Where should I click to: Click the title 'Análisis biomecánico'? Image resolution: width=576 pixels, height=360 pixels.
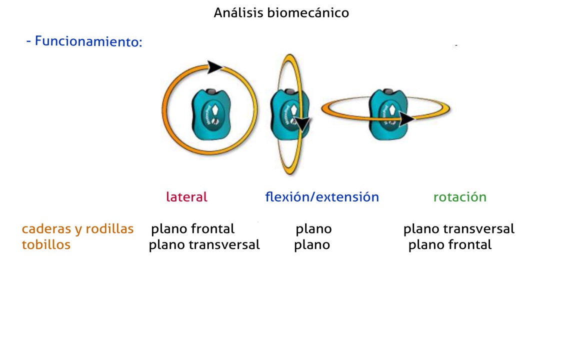tap(281, 13)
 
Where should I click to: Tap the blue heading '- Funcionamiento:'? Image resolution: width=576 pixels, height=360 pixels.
tap(84, 41)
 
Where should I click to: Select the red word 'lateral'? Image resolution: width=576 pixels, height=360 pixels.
tap(186, 197)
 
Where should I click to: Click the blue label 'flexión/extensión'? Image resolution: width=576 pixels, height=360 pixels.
tap(322, 197)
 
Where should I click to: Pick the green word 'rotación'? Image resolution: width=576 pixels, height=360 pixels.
tap(460, 197)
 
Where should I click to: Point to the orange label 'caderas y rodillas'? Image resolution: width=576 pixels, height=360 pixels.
tap(78, 229)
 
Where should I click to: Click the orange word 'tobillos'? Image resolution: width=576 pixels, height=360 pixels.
tap(46, 244)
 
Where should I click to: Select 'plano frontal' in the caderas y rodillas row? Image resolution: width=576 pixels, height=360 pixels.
tap(193, 229)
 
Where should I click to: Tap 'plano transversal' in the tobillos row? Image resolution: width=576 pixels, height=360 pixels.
tap(204, 244)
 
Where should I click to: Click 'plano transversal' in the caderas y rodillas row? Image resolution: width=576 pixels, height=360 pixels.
tap(459, 229)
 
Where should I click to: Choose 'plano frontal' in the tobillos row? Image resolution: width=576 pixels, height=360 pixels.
tap(450, 244)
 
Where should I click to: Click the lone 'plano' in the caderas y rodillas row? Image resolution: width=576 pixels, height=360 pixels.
tap(313, 229)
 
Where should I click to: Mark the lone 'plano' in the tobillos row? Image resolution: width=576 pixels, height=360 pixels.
tap(312, 244)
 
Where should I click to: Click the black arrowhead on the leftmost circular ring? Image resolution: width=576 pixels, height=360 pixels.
tap(214, 67)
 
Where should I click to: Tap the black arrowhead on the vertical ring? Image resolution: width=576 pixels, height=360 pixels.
tap(302, 124)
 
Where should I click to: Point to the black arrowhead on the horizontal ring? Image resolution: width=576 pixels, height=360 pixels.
tap(406, 119)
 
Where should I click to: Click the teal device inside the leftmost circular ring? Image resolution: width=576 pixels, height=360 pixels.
tap(211, 114)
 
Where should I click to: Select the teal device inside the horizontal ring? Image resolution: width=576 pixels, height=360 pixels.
tap(388, 114)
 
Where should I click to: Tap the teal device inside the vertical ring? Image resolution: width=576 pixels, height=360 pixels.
tap(289, 114)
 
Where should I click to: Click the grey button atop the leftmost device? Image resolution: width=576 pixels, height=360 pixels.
tap(211, 91)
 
